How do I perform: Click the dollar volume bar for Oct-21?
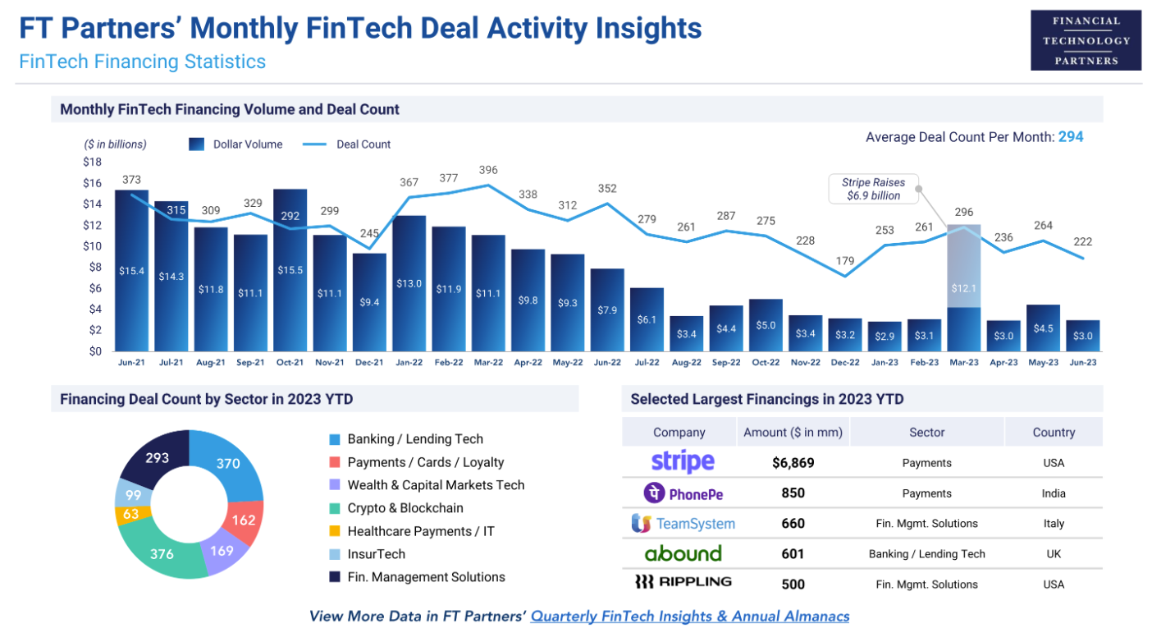[290, 271]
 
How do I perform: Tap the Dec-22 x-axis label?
[844, 362]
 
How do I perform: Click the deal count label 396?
[488, 170]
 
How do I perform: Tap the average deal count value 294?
[1071, 137]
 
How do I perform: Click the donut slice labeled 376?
[162, 553]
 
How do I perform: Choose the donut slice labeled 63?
[132, 515]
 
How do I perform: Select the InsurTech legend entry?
[376, 554]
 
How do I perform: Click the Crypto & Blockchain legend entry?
[405, 508]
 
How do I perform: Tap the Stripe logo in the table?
[683, 462]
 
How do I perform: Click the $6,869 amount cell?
[793, 463]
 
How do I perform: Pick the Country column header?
[1054, 433]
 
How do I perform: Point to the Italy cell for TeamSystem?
[1054, 524]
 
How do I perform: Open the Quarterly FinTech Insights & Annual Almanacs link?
[689, 616]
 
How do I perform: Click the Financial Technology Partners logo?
[1086, 40]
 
